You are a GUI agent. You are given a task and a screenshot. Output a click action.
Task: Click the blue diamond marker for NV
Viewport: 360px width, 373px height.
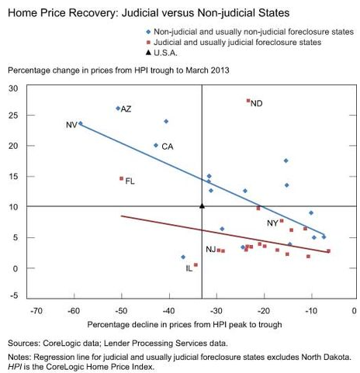81,123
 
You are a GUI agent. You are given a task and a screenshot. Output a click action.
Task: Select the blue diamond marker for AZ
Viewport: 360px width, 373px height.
118,109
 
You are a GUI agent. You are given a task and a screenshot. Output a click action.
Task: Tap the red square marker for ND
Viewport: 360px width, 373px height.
248,101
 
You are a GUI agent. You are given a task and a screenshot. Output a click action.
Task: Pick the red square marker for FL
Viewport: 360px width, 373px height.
121,178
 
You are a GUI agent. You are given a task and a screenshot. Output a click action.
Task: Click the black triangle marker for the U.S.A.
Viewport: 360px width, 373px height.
202,205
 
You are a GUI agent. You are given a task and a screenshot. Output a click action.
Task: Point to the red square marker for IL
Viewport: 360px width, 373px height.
196,265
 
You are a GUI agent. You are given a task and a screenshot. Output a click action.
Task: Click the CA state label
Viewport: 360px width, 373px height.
167,147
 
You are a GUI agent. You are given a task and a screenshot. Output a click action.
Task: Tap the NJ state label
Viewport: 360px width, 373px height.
210,249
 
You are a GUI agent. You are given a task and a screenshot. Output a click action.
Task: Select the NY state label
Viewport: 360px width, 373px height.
272,223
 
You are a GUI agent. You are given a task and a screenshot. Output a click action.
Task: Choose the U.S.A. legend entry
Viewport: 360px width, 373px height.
171,54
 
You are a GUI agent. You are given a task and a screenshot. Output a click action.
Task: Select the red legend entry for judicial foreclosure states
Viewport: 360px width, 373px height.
243,42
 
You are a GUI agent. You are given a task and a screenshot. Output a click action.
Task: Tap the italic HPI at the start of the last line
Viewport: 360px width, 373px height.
16,366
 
